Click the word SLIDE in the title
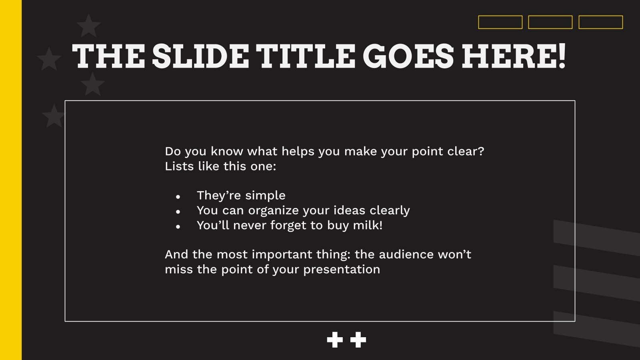point(200,56)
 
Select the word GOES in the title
point(408,56)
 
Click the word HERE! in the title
point(514,56)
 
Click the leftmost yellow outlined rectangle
point(500,22)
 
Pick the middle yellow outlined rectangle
point(550,22)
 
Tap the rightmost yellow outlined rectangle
point(600,22)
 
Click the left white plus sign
point(335,340)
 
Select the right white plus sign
point(358,340)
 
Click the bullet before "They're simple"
point(178,197)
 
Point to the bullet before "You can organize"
point(178,212)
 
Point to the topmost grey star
point(88,26)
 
